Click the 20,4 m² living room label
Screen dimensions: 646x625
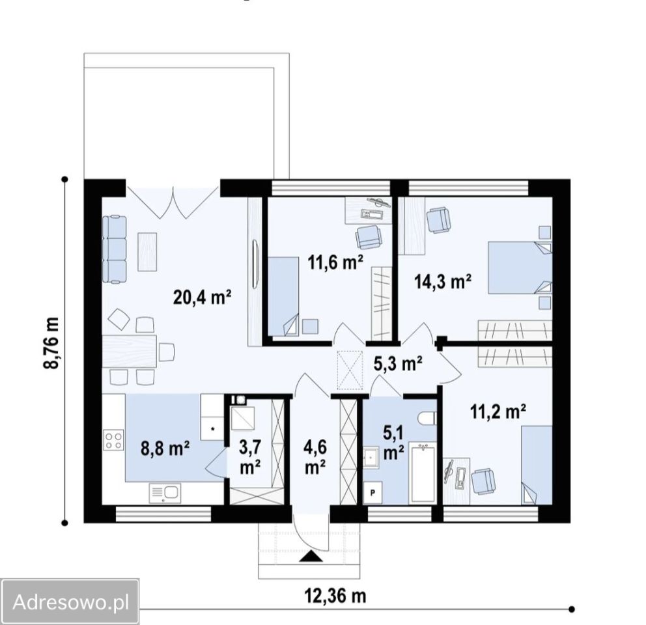point(202,297)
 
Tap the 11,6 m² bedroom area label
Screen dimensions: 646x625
point(336,262)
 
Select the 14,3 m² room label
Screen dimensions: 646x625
point(443,282)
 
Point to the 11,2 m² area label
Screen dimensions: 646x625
point(498,411)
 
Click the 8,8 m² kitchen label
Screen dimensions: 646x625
point(165,449)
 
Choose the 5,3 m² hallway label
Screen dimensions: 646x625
point(398,363)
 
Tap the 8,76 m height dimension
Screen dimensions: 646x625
point(52,343)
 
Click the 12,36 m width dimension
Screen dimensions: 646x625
point(335,596)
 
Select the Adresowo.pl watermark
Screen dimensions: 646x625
point(70,602)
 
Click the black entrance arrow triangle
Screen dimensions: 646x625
point(311,557)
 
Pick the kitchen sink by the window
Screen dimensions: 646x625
point(165,492)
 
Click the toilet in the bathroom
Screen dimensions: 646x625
point(427,419)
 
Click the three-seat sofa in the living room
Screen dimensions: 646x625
point(114,249)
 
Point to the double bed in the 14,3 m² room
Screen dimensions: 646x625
point(520,268)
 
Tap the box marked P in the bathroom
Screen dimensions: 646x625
point(372,492)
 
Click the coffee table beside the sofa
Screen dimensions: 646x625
point(147,251)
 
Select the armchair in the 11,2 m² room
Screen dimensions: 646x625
point(483,480)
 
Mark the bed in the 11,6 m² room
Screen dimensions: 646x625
point(283,297)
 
